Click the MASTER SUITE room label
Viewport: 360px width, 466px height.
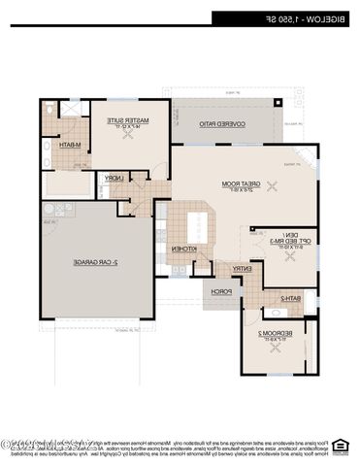(123, 122)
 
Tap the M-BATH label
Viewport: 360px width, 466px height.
(69, 146)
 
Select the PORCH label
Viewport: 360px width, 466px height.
(222, 290)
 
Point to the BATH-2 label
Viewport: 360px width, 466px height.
(291, 298)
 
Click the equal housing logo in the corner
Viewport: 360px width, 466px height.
(340, 447)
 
